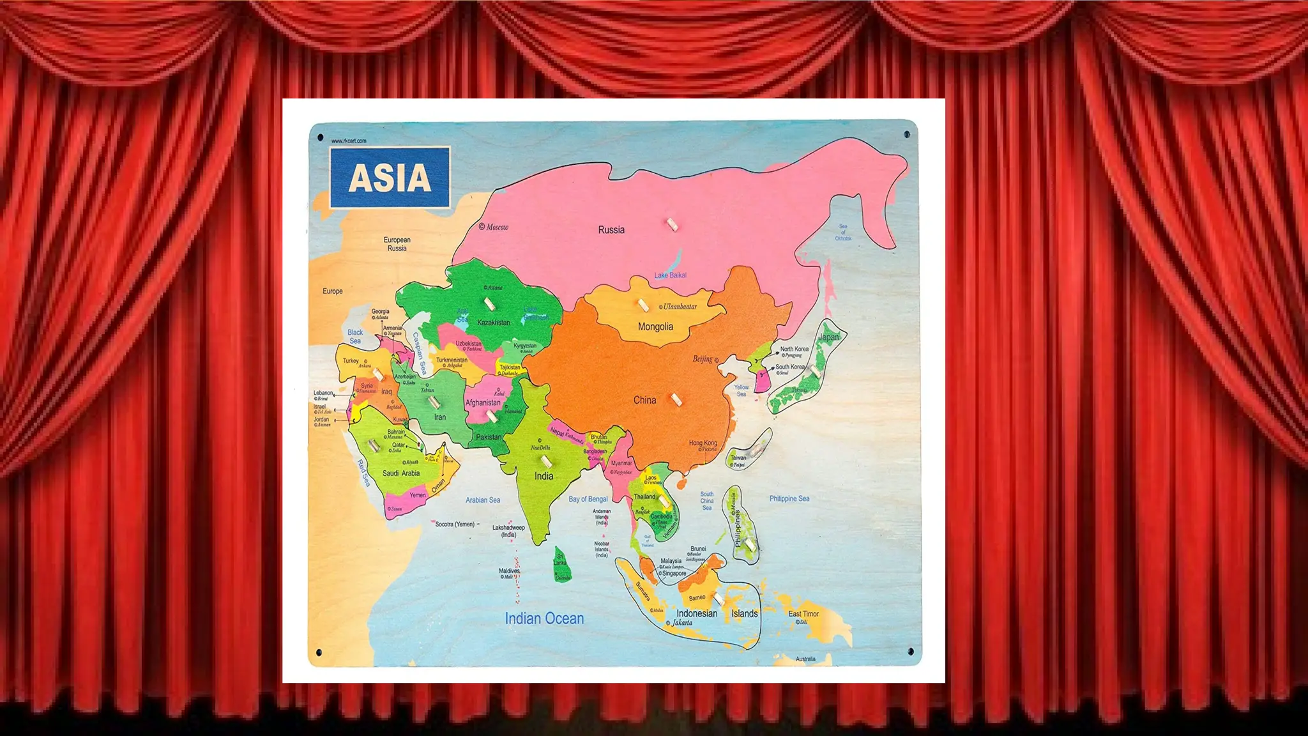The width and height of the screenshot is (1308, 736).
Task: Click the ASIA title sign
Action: point(390,178)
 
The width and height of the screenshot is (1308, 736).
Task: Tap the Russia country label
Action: point(611,230)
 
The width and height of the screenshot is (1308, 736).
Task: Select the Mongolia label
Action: point(655,327)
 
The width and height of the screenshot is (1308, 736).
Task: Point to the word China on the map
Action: point(644,401)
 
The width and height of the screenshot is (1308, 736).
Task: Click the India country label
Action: point(544,477)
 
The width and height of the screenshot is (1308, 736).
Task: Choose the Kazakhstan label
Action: point(493,323)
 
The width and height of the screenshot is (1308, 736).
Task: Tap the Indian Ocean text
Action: point(544,618)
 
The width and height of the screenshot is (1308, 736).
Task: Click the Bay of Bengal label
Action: point(588,499)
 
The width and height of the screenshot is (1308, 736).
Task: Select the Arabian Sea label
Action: point(482,500)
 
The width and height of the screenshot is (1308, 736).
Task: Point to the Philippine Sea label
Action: point(789,498)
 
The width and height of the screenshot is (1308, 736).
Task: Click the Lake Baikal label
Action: point(670,275)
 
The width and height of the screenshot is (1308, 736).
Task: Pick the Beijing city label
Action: point(703,359)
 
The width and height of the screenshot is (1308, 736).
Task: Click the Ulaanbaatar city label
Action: point(680,307)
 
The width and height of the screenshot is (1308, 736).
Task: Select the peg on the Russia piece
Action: point(671,224)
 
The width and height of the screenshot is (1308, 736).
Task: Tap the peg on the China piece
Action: point(676,400)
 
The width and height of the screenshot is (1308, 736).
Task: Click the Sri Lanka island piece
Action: point(561,564)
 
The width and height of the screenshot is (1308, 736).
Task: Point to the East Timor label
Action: point(803,614)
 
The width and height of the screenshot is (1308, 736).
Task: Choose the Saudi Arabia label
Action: point(400,473)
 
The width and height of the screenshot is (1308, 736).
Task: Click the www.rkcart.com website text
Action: point(349,141)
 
